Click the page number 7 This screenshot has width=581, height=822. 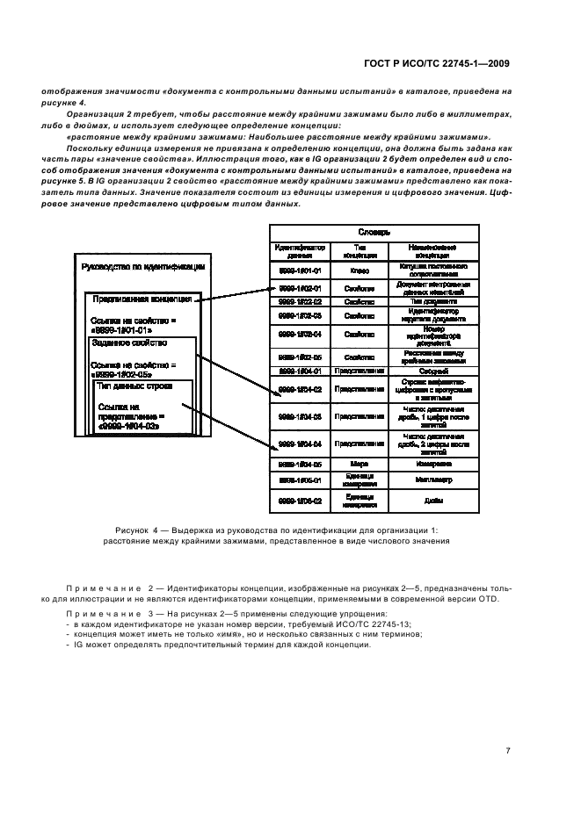pos(508,751)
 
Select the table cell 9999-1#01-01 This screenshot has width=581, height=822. pos(300,270)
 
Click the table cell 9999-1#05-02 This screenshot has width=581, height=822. pos(300,501)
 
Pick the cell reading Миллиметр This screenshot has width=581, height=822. pos(432,480)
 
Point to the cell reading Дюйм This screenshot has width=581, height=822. pos(432,501)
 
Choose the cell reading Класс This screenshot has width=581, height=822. pos(359,270)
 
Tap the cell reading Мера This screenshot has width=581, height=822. pos(359,463)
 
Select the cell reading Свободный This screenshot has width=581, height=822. pos(432,371)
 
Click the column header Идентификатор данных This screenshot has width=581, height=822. pos(300,249)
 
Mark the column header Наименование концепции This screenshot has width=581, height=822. pos(432,249)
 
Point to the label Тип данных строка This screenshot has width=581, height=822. pos(134,386)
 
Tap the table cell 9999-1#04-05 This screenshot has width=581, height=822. pos(300,463)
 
